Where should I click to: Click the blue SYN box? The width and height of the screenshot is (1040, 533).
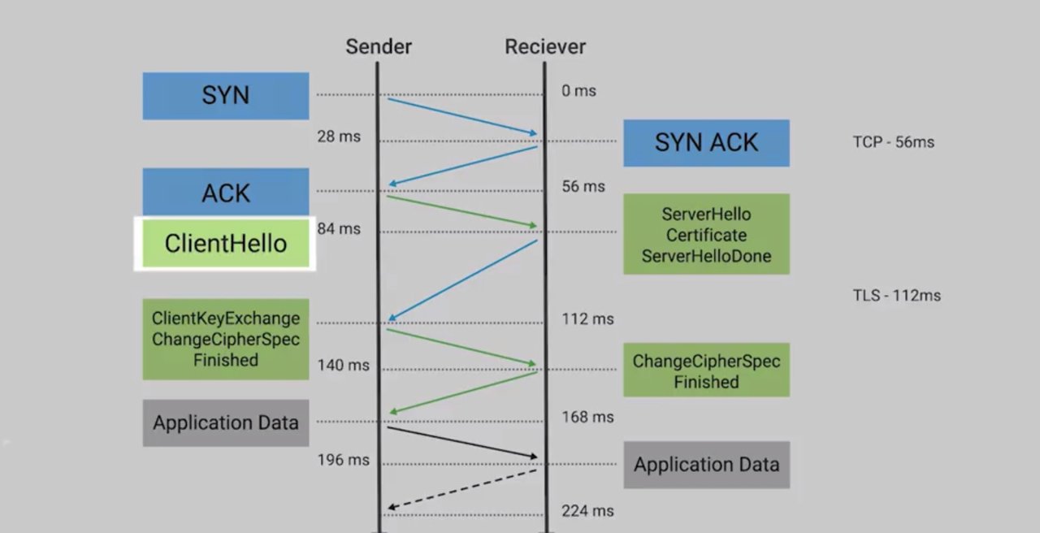coord(226,96)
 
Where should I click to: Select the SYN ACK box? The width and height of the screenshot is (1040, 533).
coord(706,143)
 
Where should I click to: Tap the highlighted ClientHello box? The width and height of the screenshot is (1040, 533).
coord(225,243)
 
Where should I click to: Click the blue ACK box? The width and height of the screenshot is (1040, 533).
coord(226,193)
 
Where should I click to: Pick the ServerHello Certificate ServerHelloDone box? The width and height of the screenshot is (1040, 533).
coord(706,235)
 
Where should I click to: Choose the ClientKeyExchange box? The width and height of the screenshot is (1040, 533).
coord(226,339)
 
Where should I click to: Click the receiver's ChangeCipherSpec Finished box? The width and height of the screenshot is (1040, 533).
coord(706,370)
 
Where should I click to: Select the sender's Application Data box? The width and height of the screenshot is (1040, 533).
coord(226,422)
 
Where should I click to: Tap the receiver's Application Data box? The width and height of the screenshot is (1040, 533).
coord(706,465)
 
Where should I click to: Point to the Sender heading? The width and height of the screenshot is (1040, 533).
coord(379,46)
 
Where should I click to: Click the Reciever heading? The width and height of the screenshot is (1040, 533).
coord(545,46)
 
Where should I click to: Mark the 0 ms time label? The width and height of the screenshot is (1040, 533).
coord(578,91)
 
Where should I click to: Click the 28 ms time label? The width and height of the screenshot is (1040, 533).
coord(339,136)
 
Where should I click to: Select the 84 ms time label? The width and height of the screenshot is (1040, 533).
coord(339,229)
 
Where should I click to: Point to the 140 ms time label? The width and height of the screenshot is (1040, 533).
coord(343,365)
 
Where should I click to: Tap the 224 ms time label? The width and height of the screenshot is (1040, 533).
coord(587,511)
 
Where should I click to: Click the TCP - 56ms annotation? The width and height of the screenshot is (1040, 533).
coord(894,142)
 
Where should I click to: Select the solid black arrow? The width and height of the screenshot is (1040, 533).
coord(461,441)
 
